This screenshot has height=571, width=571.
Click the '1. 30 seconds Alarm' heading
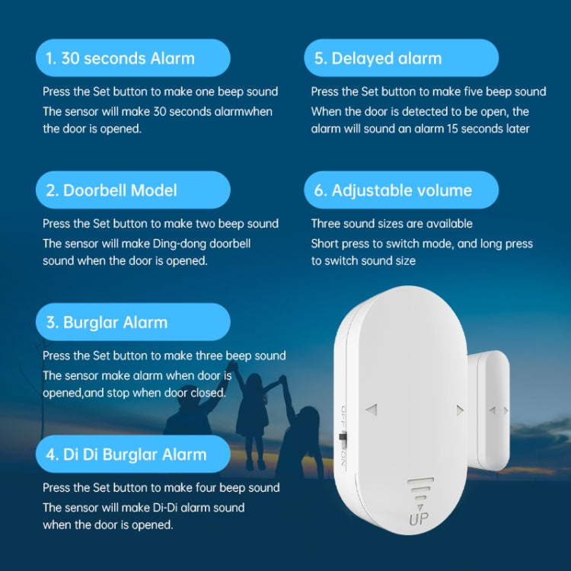click(120, 59)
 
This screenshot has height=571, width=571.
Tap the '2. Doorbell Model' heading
click(111, 190)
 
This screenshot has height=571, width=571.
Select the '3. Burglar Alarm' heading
click(107, 322)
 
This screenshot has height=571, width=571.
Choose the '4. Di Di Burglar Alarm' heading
click(126, 455)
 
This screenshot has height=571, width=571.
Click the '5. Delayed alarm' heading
click(378, 59)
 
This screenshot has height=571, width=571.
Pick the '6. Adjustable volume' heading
click(393, 190)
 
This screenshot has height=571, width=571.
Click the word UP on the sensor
click(418, 520)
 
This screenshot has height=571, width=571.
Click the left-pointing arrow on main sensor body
click(372, 410)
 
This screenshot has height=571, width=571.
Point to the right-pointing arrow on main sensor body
click(460, 410)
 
